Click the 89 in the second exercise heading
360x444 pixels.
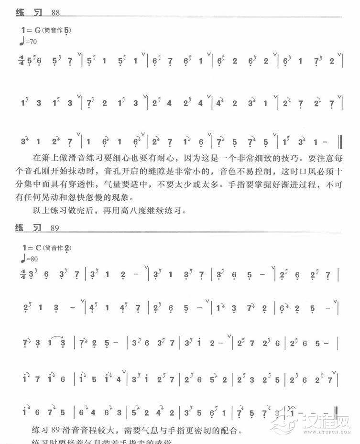click(54, 228)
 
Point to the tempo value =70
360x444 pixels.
click(31, 42)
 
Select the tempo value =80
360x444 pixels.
click(31, 260)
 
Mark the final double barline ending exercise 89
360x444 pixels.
click(337, 412)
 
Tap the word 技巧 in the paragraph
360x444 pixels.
click(288, 157)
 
